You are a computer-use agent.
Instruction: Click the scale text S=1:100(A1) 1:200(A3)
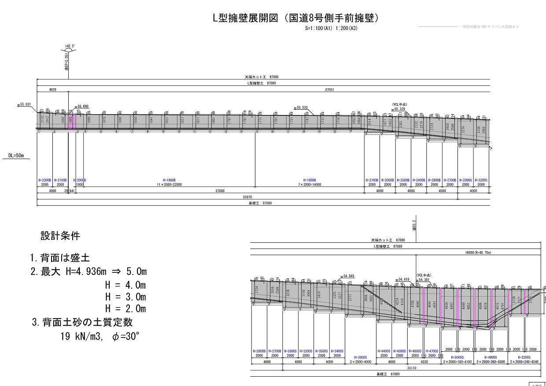[331, 28]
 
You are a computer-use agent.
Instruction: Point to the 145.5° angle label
[70, 46]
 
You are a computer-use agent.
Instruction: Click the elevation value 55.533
[303, 107]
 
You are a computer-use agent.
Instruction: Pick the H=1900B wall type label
[169, 180]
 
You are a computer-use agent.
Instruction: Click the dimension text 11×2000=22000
[169, 185]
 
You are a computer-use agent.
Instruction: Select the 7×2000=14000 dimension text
[312, 185]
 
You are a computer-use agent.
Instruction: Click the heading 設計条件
[60, 236]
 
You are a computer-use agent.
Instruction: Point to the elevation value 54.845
[348, 276]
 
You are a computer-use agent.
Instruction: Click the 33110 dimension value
[412, 367]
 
